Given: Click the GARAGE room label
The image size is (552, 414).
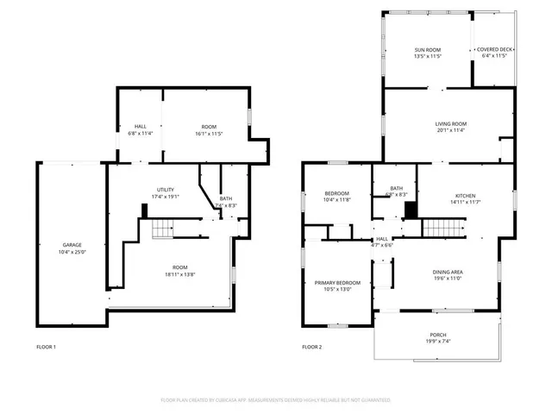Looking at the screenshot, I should [71, 245].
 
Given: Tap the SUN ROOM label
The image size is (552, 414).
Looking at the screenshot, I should [428, 50].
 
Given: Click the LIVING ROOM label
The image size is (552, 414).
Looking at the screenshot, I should [450, 124].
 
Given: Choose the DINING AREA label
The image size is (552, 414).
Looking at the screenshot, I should [448, 273].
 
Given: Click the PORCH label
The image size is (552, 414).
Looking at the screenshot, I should [438, 335].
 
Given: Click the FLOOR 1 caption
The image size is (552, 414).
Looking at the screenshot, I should [46, 347].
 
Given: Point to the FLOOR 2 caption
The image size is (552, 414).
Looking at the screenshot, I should [311, 347].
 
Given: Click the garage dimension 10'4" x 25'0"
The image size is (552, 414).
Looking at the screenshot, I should [71, 252].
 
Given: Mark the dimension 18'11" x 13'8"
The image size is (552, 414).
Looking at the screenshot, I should [179, 274].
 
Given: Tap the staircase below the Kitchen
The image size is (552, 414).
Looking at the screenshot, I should [437, 228].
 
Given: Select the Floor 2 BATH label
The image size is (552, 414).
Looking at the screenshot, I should [396, 188].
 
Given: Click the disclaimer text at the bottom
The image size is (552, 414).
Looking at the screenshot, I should [276, 400].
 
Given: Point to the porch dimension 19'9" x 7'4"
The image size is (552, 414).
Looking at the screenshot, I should [438, 342].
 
